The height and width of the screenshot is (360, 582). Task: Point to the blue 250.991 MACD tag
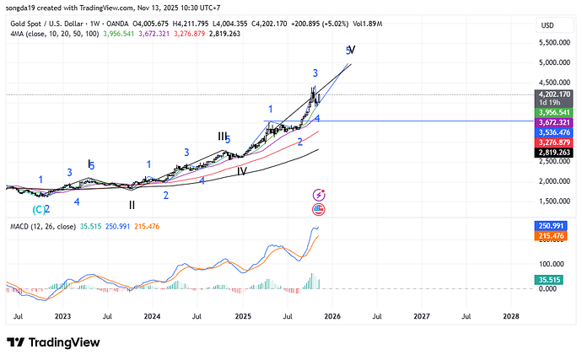click(x=554, y=226)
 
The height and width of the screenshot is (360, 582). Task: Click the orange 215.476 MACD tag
click(x=554, y=236)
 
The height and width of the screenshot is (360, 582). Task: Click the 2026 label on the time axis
click(x=331, y=317)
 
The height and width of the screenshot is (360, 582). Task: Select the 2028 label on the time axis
click(x=511, y=317)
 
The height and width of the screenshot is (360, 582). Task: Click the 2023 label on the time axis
click(x=62, y=317)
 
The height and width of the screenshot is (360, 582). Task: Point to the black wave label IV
click(x=241, y=171)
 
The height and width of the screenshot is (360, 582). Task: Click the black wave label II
click(x=132, y=204)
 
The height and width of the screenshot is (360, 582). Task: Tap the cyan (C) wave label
click(x=39, y=209)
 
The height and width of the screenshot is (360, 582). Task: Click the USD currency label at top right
click(x=547, y=25)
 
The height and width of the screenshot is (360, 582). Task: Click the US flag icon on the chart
click(x=319, y=208)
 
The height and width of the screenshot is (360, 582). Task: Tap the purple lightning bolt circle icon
click(x=319, y=195)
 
